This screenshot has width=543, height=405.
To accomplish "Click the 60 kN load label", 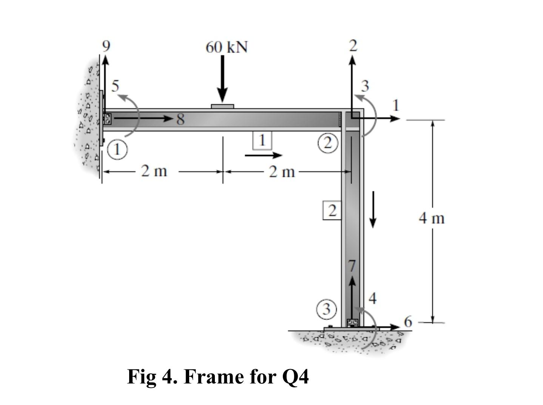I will tap(227, 47).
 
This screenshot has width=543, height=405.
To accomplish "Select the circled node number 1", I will tap(117, 150).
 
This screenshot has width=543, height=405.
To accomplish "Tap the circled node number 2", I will tap(327, 143).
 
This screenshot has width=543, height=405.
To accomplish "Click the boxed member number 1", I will tap(262, 140).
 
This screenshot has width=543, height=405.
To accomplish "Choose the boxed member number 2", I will tap(332, 211).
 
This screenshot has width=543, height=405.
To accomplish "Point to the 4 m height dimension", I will tap(432, 219).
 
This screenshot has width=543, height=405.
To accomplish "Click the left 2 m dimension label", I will tap(154, 171).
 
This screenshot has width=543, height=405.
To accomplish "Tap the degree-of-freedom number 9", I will tap(106, 46).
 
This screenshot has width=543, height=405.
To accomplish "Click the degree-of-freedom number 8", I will tap(180, 119).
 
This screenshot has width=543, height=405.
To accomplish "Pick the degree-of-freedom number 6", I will tap(408, 322).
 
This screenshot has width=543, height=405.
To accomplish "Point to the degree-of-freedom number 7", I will tap(352, 266).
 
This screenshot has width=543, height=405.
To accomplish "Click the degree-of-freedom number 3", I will tap(365, 86).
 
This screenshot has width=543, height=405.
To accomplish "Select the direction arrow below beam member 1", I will tap(263, 155).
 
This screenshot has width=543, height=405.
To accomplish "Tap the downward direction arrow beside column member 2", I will tap(373, 209).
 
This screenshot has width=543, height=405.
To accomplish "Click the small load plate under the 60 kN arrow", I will tap(222, 106).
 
